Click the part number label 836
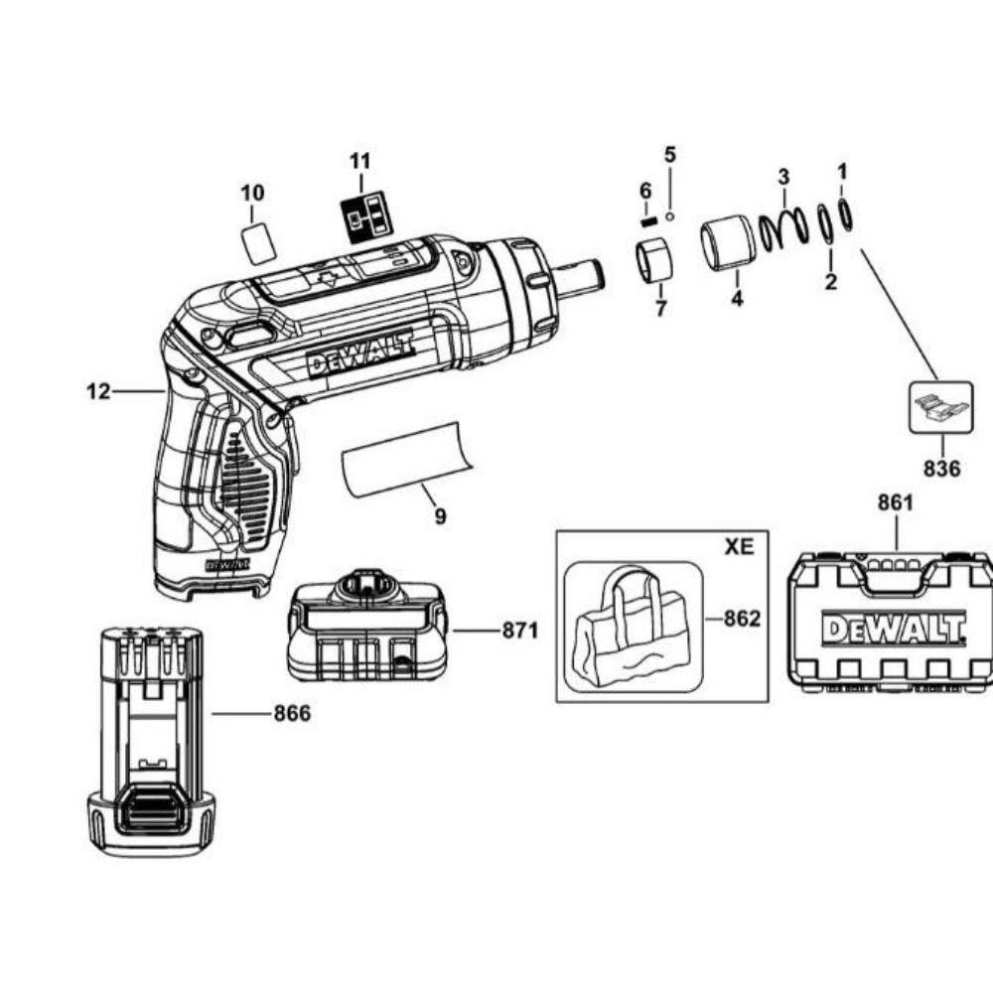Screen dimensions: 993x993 [940, 466]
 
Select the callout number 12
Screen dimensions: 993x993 [98, 392]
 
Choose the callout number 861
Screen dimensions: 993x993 [895, 503]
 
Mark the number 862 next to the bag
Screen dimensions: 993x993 [742, 619]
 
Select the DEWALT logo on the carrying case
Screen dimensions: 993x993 [894, 629]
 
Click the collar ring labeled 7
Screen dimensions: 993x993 [653, 260]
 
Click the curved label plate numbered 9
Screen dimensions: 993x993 [408, 458]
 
